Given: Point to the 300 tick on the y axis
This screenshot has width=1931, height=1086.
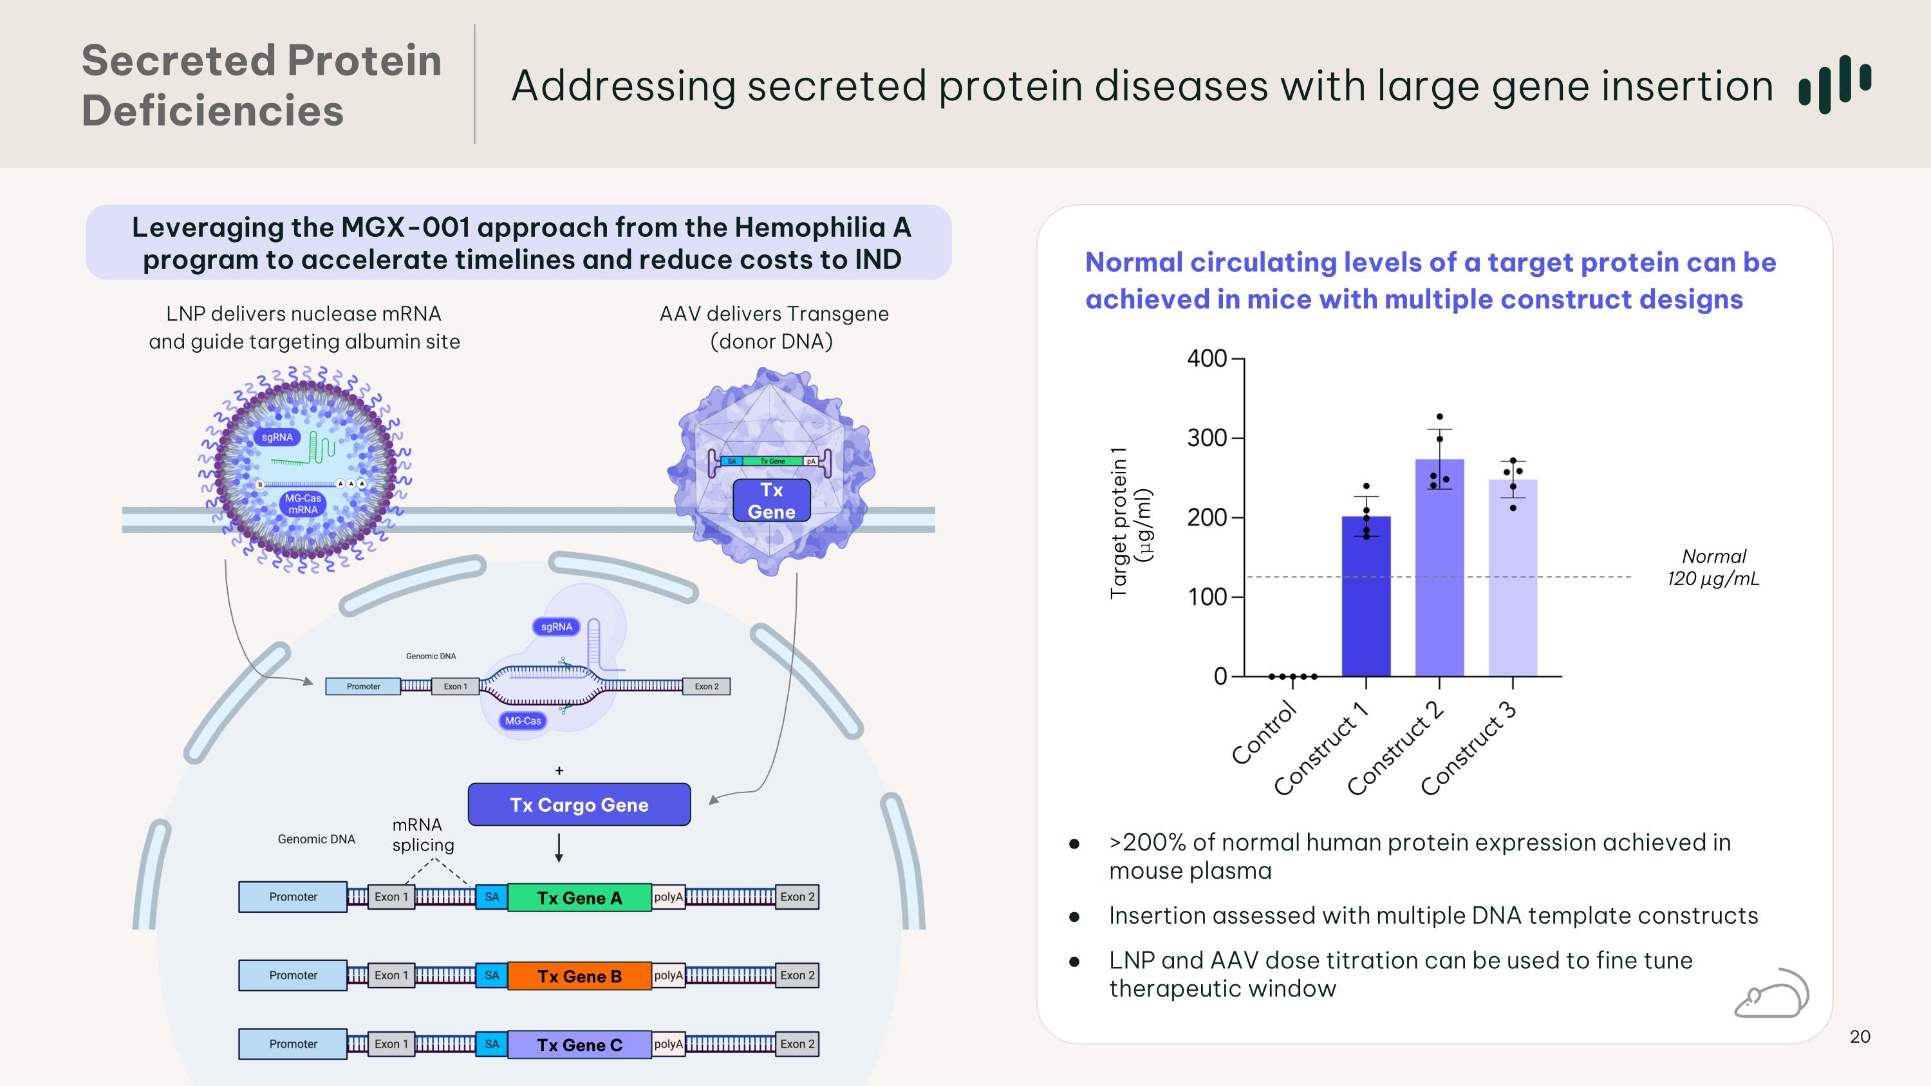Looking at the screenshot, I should click(1206, 438).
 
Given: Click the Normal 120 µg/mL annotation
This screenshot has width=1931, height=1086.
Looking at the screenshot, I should click(1713, 567).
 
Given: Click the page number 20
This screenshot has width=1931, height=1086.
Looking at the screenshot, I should click(1860, 1036).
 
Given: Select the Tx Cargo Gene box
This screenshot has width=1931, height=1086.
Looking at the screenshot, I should click(579, 805).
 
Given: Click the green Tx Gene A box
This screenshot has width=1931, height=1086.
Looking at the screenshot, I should click(579, 898).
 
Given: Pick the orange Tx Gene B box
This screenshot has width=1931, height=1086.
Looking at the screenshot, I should click(579, 977).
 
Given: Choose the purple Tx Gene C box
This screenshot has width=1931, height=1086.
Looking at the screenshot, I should click(579, 1045).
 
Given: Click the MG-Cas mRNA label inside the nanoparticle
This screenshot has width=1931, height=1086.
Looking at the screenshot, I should click(303, 503).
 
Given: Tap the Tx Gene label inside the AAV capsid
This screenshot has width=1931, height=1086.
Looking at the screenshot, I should click(771, 501).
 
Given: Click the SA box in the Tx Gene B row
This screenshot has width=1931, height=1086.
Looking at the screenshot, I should click(492, 976).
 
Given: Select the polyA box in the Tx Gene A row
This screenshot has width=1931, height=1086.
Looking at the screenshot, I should click(669, 897).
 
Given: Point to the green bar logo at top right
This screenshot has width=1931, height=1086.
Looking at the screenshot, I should click(1834, 84).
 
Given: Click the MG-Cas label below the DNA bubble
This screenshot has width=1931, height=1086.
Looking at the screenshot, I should click(523, 721).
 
